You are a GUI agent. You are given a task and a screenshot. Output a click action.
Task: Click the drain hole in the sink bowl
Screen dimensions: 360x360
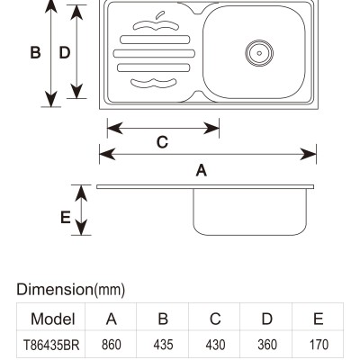coord(259,53)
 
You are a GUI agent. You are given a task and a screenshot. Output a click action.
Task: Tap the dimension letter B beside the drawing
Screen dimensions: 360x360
coord(35,52)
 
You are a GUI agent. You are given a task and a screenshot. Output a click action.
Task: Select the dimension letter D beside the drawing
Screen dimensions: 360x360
coord(65,52)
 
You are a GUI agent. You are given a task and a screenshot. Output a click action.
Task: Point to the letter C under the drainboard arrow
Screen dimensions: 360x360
coord(162,142)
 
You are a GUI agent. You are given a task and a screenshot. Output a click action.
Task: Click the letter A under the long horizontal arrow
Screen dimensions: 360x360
coord(202,170)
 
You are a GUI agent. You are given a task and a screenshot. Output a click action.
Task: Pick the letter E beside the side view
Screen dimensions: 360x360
coord(66,218)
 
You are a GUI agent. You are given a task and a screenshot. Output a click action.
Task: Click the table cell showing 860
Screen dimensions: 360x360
coord(112,345)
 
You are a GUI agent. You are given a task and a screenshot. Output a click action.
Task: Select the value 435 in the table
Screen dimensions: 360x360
coord(163,345)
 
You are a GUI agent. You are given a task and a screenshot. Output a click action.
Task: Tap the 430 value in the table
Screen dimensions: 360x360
coord(215,345)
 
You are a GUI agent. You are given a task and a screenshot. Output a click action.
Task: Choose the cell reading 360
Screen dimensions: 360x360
coord(267,345)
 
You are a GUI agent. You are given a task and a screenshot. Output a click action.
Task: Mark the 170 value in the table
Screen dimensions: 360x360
coord(319,345)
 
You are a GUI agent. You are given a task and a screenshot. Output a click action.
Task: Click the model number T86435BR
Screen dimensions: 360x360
coord(51,345)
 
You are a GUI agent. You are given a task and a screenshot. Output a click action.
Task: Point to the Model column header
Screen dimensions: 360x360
coord(53,319)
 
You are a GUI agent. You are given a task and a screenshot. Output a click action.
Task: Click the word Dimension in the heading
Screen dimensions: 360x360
coord(55,290)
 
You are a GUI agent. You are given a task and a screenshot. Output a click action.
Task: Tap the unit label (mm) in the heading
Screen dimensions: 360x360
coord(110,290)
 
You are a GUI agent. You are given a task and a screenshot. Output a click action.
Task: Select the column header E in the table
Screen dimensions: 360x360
coord(319,319)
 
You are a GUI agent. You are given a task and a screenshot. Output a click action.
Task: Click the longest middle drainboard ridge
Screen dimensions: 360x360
coord(154,53)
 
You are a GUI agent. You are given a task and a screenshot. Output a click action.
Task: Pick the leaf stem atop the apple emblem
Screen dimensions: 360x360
coord(160,15)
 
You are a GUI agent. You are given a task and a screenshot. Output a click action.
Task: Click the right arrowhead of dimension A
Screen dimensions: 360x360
coord(308,154)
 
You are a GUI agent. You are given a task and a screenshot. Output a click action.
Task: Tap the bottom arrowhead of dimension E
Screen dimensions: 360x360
coord(81,228)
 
